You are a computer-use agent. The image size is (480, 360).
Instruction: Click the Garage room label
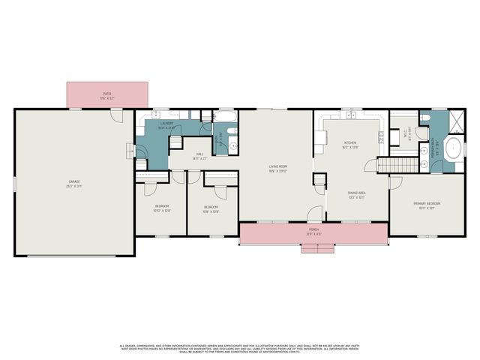(74, 182)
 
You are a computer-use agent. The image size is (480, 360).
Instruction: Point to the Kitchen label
(350, 144)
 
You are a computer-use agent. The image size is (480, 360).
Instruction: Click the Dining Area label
(357, 196)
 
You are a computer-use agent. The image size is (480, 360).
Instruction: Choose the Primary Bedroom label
(426, 205)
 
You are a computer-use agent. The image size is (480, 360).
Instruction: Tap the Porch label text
(313, 231)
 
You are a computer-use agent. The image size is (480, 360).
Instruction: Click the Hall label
(199, 155)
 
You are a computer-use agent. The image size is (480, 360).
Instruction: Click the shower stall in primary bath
(454, 120)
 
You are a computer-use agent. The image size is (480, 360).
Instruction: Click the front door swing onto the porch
(315, 214)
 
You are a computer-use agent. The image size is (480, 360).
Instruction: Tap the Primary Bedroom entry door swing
(395, 181)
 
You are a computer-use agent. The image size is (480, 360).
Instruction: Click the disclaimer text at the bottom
(240, 348)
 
